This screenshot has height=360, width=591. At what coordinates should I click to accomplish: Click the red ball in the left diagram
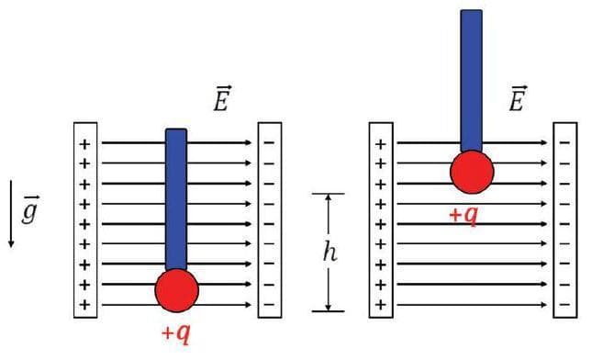click(177, 290)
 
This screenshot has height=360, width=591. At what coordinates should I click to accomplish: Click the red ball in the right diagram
click(472, 172)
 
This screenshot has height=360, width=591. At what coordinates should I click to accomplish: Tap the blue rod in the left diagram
click(176, 197)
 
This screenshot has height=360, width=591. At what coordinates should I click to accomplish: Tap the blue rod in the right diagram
click(472, 78)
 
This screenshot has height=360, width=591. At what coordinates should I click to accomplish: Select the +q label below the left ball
click(175, 332)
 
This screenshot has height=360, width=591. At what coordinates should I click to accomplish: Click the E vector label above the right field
click(516, 99)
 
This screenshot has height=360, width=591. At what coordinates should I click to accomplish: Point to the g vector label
click(29, 219)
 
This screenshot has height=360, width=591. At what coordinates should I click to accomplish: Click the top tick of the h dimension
click(328, 194)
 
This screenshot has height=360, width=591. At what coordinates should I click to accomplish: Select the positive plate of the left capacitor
click(85, 220)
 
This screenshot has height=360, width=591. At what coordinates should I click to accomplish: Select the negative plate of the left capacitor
click(270, 220)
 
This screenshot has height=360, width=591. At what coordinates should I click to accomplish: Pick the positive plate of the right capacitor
click(381, 220)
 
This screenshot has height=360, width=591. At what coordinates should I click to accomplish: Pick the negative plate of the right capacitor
click(565, 220)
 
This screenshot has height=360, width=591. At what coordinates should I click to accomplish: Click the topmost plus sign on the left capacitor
click(85, 144)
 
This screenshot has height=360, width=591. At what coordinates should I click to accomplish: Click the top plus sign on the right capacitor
click(381, 144)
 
